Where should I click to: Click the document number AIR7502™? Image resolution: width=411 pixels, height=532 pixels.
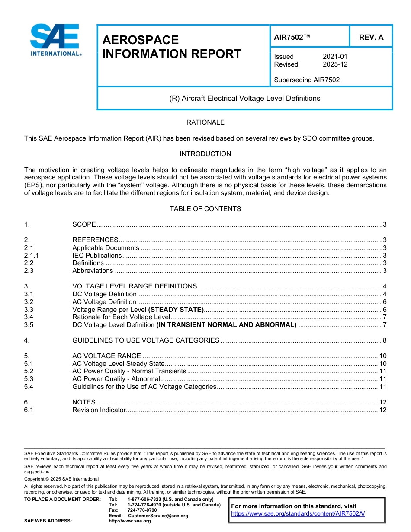[x=292, y=37]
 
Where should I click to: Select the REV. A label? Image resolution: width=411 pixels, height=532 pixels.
[x=371, y=37]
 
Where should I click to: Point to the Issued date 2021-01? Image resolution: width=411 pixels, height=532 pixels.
[x=335, y=57]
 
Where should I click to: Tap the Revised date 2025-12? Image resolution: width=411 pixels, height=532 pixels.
[x=335, y=64]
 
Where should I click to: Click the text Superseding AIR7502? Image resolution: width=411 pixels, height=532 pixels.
[x=307, y=80]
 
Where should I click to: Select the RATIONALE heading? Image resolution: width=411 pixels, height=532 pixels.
[x=205, y=122]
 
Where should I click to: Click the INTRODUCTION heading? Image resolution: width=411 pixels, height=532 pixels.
[x=205, y=154]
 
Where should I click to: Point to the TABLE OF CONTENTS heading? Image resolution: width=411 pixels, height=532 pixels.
[x=205, y=209]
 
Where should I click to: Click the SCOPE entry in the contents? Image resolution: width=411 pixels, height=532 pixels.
[x=84, y=224]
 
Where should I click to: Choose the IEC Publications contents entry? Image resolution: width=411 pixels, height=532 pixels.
[x=97, y=256]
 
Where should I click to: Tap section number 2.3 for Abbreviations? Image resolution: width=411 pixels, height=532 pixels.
[x=29, y=271]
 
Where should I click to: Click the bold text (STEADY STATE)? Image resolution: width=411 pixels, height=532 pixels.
[x=176, y=310]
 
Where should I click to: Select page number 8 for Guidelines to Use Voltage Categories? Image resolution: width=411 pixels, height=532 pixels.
[x=384, y=340]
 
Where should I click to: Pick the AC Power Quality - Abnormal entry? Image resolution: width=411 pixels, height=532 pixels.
[x=116, y=379]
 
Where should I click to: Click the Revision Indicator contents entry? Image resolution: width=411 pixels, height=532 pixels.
[x=99, y=410]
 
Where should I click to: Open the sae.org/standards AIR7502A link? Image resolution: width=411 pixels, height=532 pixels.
[x=298, y=514]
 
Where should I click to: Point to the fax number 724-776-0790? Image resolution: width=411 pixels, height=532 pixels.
[x=142, y=510]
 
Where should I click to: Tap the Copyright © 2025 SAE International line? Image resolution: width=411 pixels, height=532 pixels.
[x=61, y=479]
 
